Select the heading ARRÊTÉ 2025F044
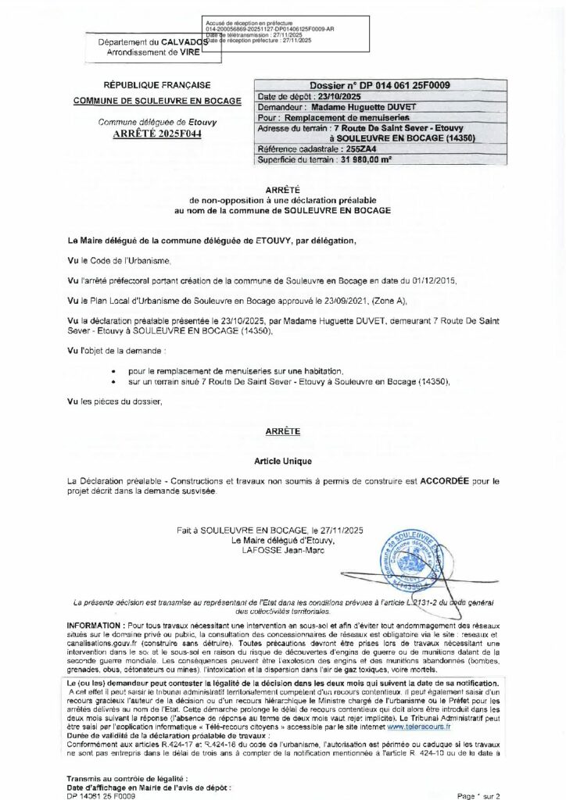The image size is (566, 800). (141, 134)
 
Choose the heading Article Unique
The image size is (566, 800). (282, 462)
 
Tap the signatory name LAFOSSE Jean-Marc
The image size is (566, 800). (282, 550)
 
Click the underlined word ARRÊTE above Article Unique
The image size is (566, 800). (282, 431)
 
